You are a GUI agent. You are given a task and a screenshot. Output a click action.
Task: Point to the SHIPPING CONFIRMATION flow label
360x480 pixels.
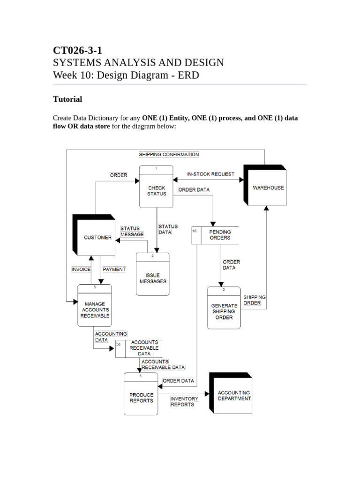point(169,154)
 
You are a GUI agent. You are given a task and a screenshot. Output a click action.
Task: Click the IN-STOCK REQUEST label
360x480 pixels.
point(210,174)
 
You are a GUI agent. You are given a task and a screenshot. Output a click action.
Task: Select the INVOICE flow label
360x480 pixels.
point(81,270)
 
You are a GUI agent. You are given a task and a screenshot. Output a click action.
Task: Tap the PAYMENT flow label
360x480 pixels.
point(114,270)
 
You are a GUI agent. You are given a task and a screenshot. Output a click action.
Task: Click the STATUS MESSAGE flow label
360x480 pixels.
point(132,232)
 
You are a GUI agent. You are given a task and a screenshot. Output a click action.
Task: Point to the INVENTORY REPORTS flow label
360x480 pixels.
point(184,401)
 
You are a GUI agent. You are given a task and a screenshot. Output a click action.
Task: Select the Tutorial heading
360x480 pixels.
point(67,99)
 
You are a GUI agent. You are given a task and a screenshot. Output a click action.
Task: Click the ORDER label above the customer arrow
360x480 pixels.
point(118,175)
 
